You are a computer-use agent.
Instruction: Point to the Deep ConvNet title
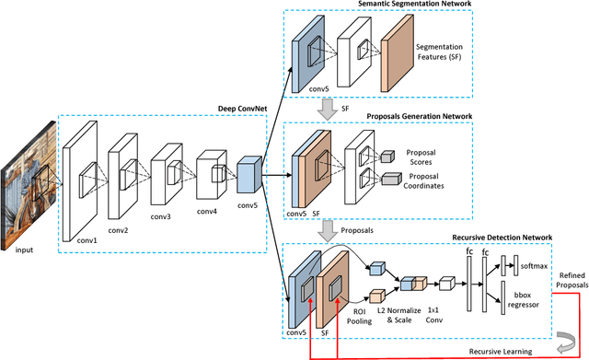pos(242,108)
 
